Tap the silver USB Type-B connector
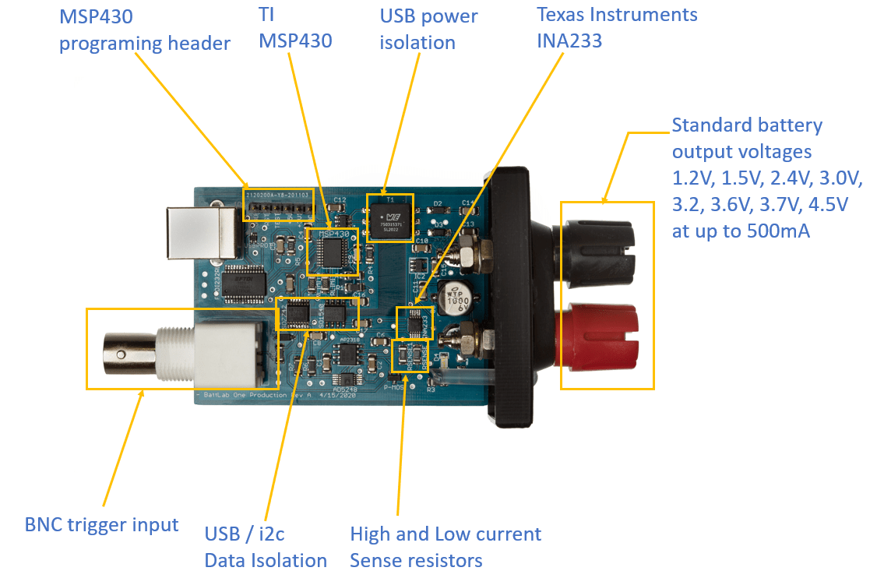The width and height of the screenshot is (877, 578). (201, 231)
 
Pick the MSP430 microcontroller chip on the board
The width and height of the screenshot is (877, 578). (333, 252)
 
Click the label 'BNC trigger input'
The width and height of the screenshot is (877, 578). (102, 525)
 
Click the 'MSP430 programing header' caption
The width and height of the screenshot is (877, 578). (145, 30)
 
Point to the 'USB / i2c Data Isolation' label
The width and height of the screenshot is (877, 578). (266, 547)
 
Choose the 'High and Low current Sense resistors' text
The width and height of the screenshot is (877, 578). (445, 547)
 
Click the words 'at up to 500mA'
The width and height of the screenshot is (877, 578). (741, 231)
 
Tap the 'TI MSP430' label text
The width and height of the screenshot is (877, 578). (295, 29)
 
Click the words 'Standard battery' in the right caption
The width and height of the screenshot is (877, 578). (746, 125)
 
